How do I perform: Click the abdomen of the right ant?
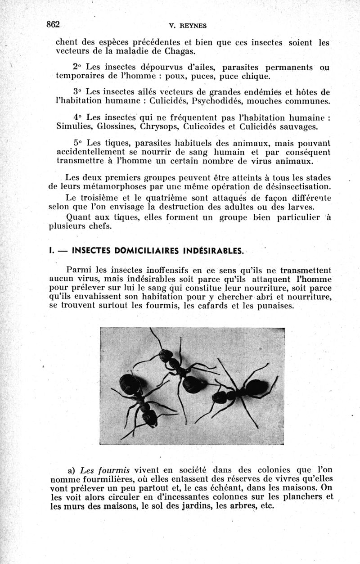(x=256, y=388)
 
